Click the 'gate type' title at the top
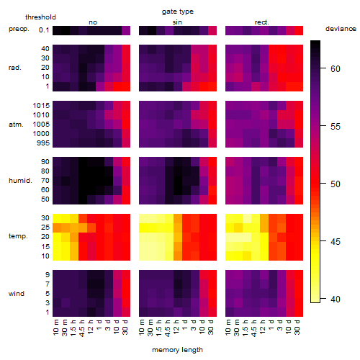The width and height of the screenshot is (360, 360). click(178, 12)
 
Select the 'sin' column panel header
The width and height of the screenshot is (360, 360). click(177, 22)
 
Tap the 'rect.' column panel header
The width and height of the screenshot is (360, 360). click(261, 22)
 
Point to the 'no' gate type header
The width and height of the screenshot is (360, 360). click(93, 22)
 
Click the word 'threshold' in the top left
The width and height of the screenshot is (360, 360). click(40, 17)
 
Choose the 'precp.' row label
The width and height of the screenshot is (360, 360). click(19, 29)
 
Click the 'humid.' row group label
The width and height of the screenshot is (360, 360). click(20, 180)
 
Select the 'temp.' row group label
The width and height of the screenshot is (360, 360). click(18, 236)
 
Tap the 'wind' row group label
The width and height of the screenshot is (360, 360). click(17, 293)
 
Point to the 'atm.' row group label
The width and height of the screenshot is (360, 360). click(16, 125)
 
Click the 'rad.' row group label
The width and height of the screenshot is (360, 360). click(15, 68)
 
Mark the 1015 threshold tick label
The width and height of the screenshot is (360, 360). click(41, 105)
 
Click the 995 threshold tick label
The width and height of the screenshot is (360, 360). click(43, 143)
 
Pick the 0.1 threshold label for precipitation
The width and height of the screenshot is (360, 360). click(44, 30)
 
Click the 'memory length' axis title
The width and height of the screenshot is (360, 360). click(177, 350)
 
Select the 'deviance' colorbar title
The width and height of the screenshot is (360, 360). click(341, 29)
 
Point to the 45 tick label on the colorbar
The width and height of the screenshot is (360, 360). click(336, 241)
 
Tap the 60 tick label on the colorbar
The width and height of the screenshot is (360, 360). click(336, 69)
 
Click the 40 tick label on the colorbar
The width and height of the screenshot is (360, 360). click(336, 299)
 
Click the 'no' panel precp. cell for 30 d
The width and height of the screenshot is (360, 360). click(126, 30)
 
